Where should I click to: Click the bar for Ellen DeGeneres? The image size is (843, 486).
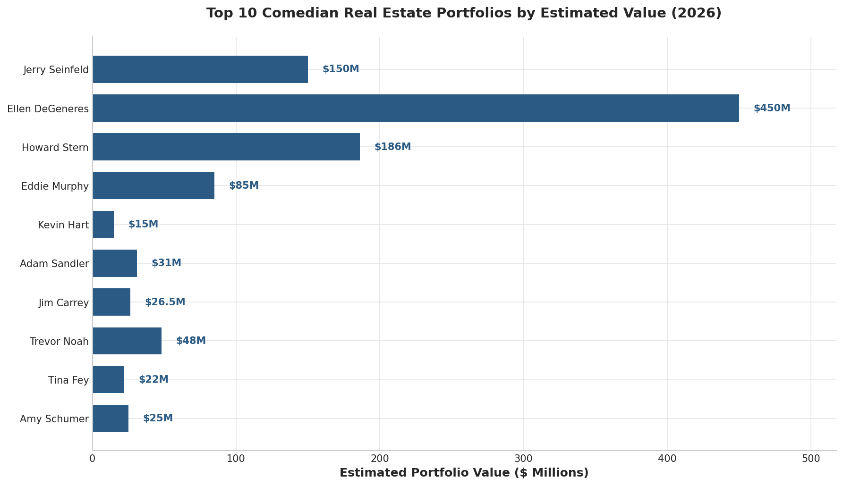pos(416,108)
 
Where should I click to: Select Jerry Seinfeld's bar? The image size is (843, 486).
pos(200,69)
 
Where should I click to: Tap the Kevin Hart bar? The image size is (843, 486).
pos(103,225)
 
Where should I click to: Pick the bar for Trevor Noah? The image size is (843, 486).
pos(127,341)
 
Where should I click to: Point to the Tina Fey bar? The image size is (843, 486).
pos(109,380)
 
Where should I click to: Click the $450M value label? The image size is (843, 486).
pos(772,108)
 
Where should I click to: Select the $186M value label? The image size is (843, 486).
pos(392,147)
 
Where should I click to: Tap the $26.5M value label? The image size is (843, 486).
pos(165,302)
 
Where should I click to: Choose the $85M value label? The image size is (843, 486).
pos(244,185)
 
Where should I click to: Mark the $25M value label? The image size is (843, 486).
pos(158,418)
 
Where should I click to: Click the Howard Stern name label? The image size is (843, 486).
pos(55,148)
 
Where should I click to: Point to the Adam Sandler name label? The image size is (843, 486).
pos(54,264)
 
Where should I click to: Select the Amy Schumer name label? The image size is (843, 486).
pos(54,419)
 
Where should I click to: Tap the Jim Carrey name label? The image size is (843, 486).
pos(64,303)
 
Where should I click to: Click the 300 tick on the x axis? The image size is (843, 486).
pos(523,459)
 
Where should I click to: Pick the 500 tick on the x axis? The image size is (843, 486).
pos(811,459)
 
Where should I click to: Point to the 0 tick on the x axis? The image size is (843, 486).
pos(93,459)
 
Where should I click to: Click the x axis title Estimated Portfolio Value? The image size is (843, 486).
pos(464,473)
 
